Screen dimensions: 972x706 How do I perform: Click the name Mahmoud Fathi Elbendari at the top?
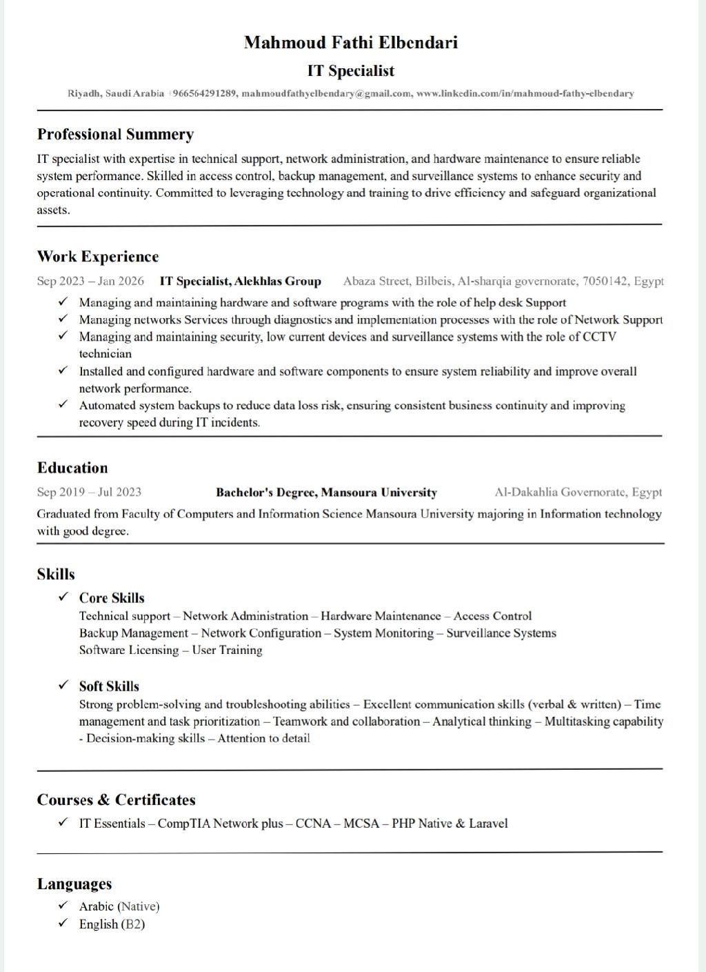pos(350,43)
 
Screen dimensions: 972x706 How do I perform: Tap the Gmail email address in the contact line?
pos(326,94)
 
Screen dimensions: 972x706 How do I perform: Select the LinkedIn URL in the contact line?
pos(525,94)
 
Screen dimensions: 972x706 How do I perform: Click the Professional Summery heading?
pos(115,135)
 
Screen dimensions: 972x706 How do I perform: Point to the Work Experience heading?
pos(98,257)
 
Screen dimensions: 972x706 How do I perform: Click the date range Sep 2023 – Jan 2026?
pos(90,281)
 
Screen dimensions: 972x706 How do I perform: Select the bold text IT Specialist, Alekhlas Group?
pos(240,281)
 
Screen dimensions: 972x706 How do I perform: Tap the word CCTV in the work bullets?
pos(599,337)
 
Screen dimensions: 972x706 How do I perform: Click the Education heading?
pos(72,468)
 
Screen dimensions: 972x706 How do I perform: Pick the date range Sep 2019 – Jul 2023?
pos(89,493)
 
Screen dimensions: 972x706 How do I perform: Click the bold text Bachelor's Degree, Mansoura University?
pos(326,493)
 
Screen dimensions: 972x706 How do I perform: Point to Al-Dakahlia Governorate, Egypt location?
pos(578,493)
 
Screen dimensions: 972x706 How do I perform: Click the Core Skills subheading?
pos(112,598)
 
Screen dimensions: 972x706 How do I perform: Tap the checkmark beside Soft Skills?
pos(63,685)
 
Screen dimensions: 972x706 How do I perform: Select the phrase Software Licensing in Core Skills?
pos(129,650)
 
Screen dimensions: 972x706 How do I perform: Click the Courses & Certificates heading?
pos(116,800)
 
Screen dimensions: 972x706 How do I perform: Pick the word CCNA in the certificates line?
pos(313,824)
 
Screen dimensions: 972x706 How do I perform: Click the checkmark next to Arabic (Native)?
pos(63,905)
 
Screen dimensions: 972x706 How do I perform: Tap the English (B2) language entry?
pos(112,924)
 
